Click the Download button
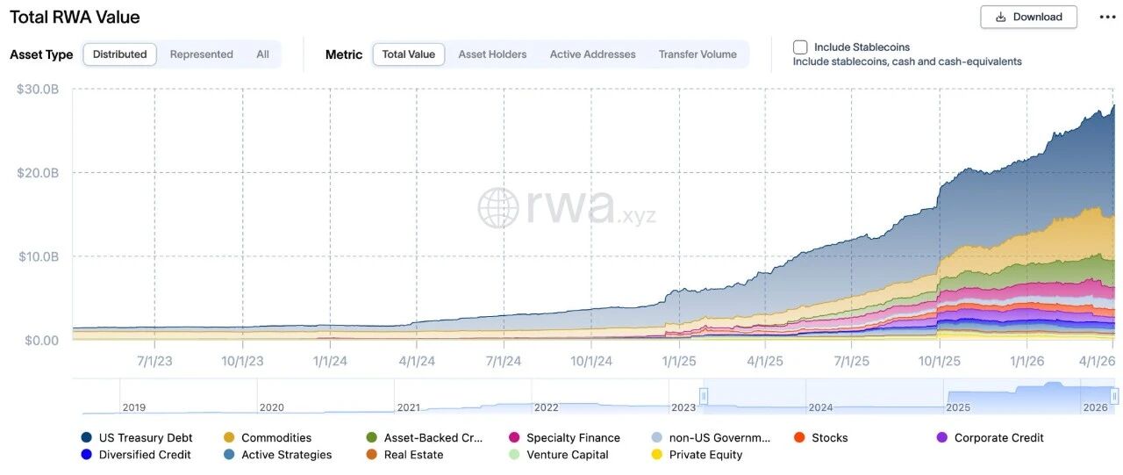[1028, 17]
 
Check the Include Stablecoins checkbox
[800, 47]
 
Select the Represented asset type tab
[202, 54]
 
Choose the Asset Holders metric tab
[492, 54]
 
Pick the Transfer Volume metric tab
[697, 54]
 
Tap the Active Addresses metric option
[592, 54]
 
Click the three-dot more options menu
[1107, 17]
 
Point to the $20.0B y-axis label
[38, 173]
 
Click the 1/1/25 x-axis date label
[679, 361]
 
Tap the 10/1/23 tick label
[242, 361]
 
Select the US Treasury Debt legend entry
[136, 438]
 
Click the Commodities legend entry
[268, 438]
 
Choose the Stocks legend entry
[820, 438]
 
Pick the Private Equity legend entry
[697, 455]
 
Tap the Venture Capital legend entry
[559, 455]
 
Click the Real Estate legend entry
[404, 455]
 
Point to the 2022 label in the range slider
[546, 407]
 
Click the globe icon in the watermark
[497, 208]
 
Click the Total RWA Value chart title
[75, 17]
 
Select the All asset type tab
[262, 54]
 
